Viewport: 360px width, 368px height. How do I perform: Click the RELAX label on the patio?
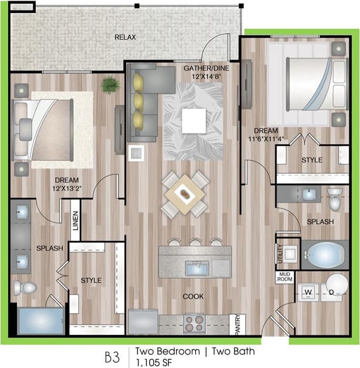pyautogui.click(x=125, y=37)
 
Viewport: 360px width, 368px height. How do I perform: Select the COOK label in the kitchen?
pyautogui.click(x=193, y=296)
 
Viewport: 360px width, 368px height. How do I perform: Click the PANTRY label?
pyautogui.click(x=237, y=324)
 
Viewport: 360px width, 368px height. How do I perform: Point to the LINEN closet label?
pyautogui.click(x=75, y=220)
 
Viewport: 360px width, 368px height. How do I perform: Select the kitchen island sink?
pyautogui.click(x=197, y=268)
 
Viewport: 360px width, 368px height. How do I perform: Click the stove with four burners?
pyautogui.click(x=194, y=323)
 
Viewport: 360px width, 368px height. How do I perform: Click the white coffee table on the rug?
pyautogui.click(x=193, y=120)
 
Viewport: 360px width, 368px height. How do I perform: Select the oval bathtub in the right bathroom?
pyautogui.click(x=325, y=254)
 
